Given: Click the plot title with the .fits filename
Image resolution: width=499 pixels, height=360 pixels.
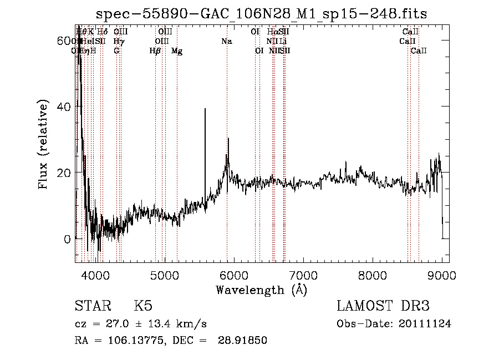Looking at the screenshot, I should point(261,14).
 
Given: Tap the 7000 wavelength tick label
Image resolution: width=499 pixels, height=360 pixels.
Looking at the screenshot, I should point(303,275).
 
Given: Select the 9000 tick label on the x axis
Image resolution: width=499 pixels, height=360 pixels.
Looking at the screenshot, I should point(442,275).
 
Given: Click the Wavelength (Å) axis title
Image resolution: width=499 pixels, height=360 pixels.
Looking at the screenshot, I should point(261,290).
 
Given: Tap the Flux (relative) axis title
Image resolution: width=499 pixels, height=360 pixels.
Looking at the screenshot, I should point(44,144).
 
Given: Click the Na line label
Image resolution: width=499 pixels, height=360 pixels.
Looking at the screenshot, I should point(226,42).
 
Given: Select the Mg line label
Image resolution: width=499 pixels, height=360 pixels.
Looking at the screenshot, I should point(177,51).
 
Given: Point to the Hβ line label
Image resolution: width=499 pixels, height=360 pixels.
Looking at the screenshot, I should point(155,51).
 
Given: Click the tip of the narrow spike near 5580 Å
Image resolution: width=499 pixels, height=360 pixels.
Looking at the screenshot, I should point(205,109).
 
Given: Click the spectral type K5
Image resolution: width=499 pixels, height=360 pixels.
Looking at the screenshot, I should point(143,306).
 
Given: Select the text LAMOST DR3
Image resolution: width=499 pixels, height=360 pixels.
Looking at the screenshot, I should point(383,306).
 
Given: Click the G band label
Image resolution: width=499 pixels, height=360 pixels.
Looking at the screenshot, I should point(116,51).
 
